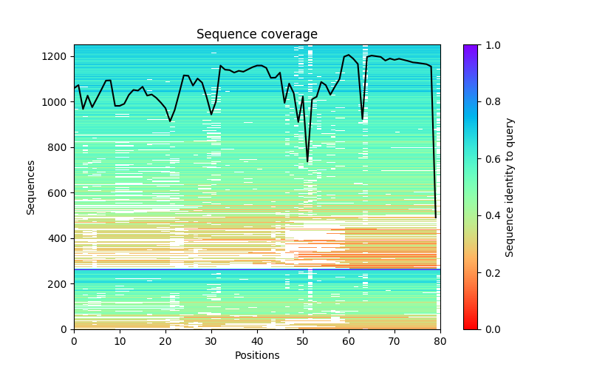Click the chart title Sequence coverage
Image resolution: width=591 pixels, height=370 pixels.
pos(256,35)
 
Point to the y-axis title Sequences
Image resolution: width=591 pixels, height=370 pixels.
pos(31,186)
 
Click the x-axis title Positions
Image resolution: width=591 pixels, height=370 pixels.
pos(256,355)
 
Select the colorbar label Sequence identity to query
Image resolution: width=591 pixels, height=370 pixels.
pos(510,186)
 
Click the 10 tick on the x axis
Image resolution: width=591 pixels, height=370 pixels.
pos(120,341)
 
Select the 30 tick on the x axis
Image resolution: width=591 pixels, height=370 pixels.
pos(211,341)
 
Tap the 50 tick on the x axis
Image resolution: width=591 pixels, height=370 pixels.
pos(303,341)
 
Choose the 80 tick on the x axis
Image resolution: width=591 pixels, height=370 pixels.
pos(440,341)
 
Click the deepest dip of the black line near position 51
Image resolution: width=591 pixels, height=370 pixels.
pos(307,161)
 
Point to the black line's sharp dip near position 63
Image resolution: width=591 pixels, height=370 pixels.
pos(362,118)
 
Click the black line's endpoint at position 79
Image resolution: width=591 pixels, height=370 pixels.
pos(436,217)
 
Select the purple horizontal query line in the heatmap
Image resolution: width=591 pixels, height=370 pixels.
pos(256,269)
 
